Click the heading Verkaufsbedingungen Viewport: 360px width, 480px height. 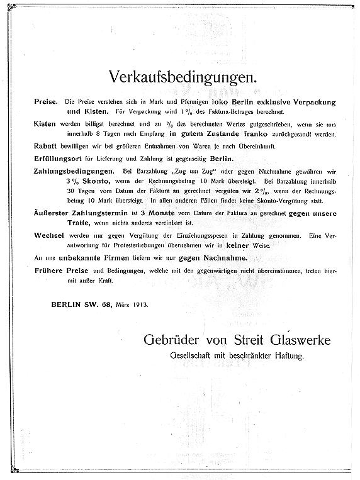coord(175,79)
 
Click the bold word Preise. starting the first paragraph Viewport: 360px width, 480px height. coord(47,101)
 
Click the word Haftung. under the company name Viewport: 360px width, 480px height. coord(286,355)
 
